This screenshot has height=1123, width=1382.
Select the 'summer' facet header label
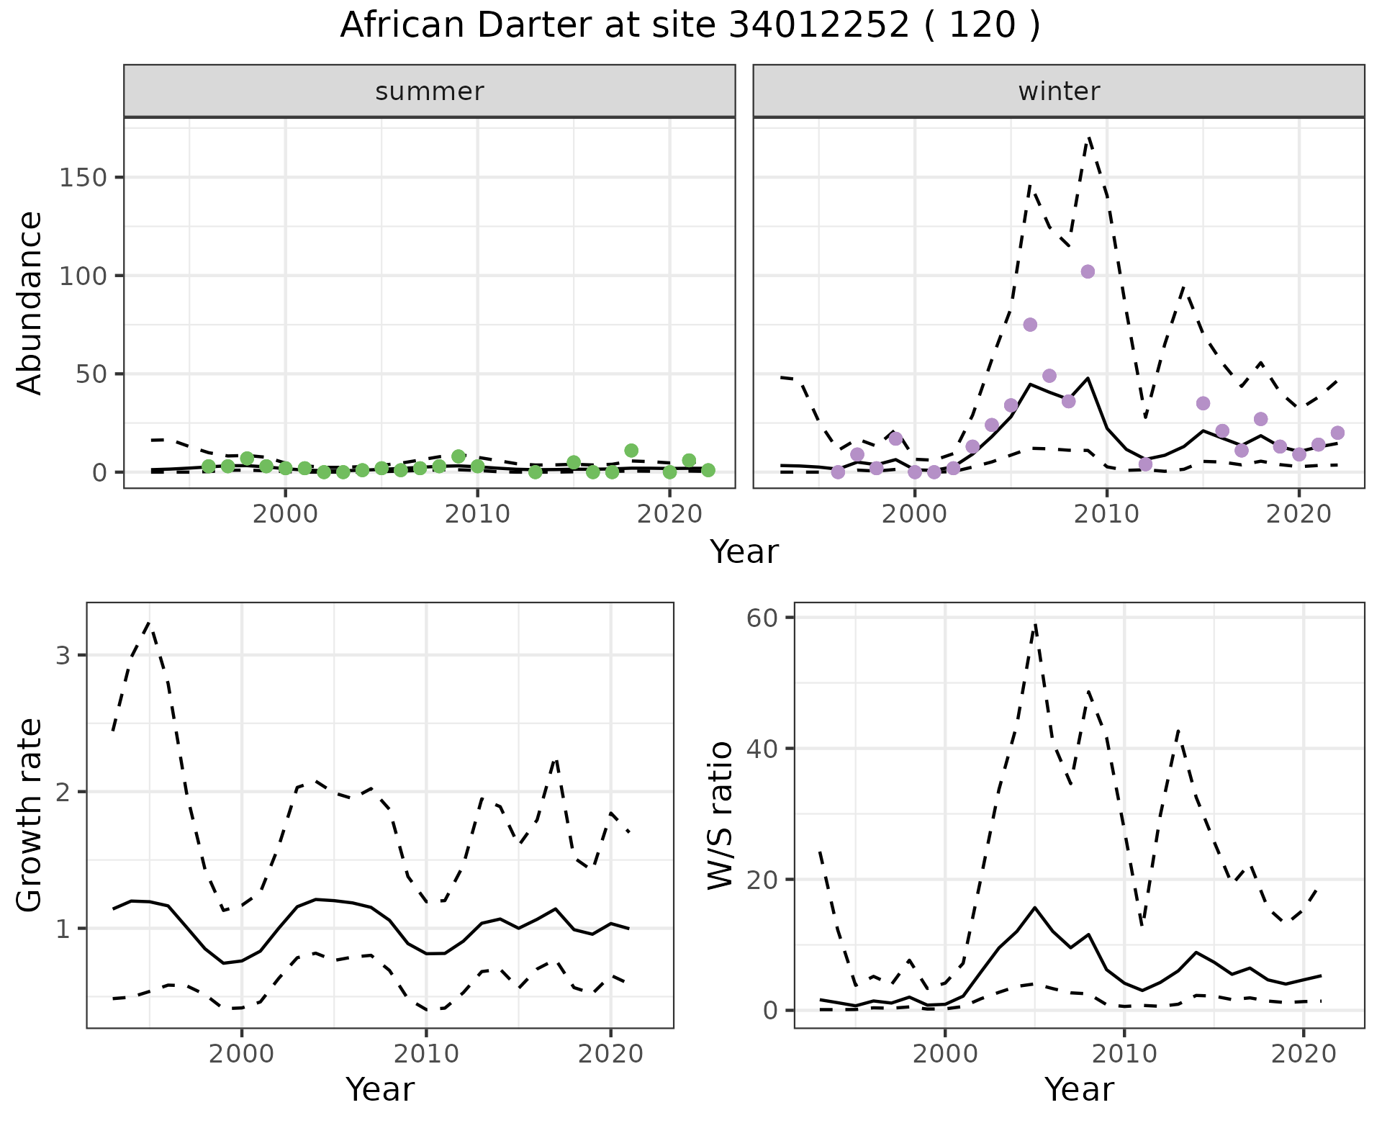pyautogui.click(x=430, y=91)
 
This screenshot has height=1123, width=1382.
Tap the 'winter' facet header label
pyautogui.click(x=1059, y=91)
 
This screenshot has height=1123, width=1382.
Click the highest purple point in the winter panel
pyautogui.click(x=1088, y=271)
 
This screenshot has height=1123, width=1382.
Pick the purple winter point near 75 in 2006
pyautogui.click(x=1030, y=325)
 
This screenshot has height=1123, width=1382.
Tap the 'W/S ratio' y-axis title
pyautogui.click(x=720, y=816)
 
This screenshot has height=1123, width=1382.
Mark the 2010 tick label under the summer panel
pyautogui.click(x=477, y=514)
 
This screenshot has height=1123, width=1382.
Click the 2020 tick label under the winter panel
pyautogui.click(x=1299, y=514)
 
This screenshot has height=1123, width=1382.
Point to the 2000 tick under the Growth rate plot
pyautogui.click(x=242, y=1054)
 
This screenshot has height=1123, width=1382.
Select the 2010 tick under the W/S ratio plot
pyautogui.click(x=1124, y=1054)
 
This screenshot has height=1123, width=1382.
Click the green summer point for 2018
pyautogui.click(x=631, y=451)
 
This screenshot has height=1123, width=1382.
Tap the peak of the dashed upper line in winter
pyautogui.click(x=1089, y=137)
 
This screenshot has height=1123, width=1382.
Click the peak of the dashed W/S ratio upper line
pyautogui.click(x=1034, y=624)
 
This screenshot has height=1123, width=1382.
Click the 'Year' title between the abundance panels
pyautogui.click(x=744, y=552)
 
